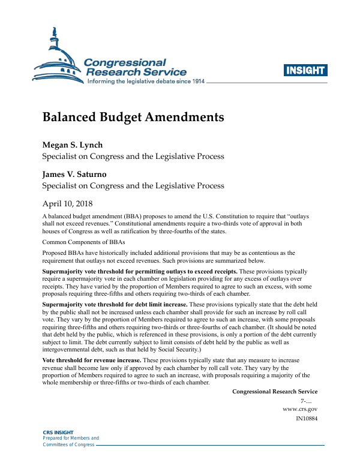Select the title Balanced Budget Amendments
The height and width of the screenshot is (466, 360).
[133, 117]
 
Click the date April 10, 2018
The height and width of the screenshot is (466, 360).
[71, 203]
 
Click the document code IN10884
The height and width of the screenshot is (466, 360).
[307, 418]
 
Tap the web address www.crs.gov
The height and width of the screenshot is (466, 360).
[300, 409]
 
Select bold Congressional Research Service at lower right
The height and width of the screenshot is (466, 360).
[275, 392]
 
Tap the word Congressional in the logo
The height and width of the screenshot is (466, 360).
[125, 62]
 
